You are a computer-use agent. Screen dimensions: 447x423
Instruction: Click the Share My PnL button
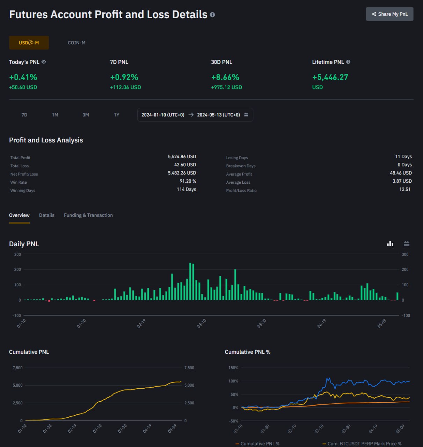point(389,14)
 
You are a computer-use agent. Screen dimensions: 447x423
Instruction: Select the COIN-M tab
point(76,43)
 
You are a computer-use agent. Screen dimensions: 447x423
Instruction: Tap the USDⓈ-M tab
point(29,43)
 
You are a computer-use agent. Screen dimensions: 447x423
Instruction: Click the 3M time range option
point(86,115)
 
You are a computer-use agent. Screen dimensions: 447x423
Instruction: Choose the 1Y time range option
point(117,115)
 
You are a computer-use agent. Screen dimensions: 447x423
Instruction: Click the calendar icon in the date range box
point(246,115)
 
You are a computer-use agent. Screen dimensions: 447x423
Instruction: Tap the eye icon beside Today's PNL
point(44,62)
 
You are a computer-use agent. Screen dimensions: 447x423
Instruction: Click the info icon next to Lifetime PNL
point(348,62)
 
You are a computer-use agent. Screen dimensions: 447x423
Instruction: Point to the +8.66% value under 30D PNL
point(225,77)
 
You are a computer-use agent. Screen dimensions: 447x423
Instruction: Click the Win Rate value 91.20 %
point(188,181)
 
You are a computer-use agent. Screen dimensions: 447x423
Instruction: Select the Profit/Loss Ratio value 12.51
point(405,189)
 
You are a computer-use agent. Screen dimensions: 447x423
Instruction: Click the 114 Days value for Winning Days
point(186,189)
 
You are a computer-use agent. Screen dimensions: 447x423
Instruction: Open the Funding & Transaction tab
point(88,215)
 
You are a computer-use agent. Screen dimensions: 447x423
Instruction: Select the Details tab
point(47,215)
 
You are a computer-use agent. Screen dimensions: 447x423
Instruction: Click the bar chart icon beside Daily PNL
point(390,244)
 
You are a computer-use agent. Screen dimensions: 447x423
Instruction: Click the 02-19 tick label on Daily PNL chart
point(141,323)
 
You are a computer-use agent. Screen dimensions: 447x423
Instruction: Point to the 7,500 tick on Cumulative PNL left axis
point(17,368)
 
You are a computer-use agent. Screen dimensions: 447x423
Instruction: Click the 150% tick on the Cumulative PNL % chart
point(233,368)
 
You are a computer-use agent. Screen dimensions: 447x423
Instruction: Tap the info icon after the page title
point(212,15)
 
